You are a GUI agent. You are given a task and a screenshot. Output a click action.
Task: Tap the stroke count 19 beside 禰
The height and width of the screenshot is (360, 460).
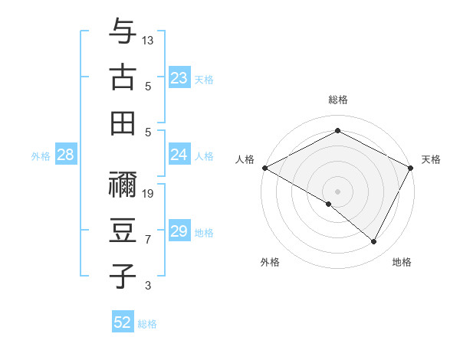(x=148, y=193)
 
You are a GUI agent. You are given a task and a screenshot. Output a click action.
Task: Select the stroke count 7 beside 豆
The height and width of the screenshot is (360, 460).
(x=148, y=240)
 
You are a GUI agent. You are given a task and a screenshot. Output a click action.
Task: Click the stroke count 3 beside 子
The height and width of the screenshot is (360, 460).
(x=148, y=286)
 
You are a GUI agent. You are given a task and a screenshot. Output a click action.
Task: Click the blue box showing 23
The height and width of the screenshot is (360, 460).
(x=179, y=78)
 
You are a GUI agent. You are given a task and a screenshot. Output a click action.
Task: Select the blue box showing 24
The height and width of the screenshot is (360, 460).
(x=179, y=155)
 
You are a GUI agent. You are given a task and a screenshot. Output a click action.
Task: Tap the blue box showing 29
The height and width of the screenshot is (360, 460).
(x=179, y=231)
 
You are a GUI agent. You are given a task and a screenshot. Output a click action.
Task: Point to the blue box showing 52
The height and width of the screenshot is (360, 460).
(x=123, y=322)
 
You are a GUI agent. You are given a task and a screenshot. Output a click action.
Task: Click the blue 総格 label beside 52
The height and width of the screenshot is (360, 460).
(x=147, y=324)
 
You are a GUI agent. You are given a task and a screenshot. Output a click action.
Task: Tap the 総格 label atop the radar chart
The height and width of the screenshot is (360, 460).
(x=337, y=100)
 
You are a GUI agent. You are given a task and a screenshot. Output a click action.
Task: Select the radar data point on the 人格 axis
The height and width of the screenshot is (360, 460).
(x=264, y=168)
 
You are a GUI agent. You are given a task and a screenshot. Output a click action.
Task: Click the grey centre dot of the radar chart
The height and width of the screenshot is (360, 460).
(x=337, y=191)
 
